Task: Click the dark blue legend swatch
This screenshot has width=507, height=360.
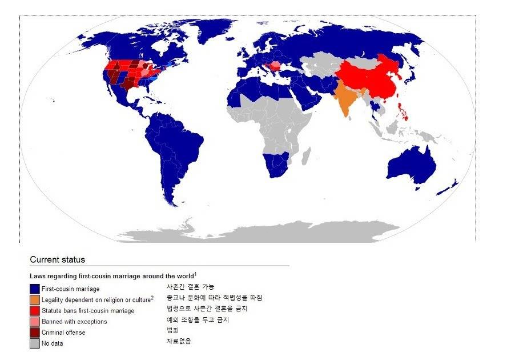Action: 35,289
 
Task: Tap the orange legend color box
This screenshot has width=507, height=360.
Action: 35,300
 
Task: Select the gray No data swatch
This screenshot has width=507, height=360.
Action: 35,343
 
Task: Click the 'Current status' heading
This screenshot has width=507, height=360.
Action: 57,259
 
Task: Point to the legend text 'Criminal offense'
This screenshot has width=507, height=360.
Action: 63,333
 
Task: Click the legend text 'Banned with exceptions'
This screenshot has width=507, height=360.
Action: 74,322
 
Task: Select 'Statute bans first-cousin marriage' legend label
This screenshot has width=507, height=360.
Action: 88,311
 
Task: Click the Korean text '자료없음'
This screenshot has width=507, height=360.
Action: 179,341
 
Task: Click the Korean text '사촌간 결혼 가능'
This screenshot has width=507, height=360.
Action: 190,287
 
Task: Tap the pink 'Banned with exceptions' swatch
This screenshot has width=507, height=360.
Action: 35,322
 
